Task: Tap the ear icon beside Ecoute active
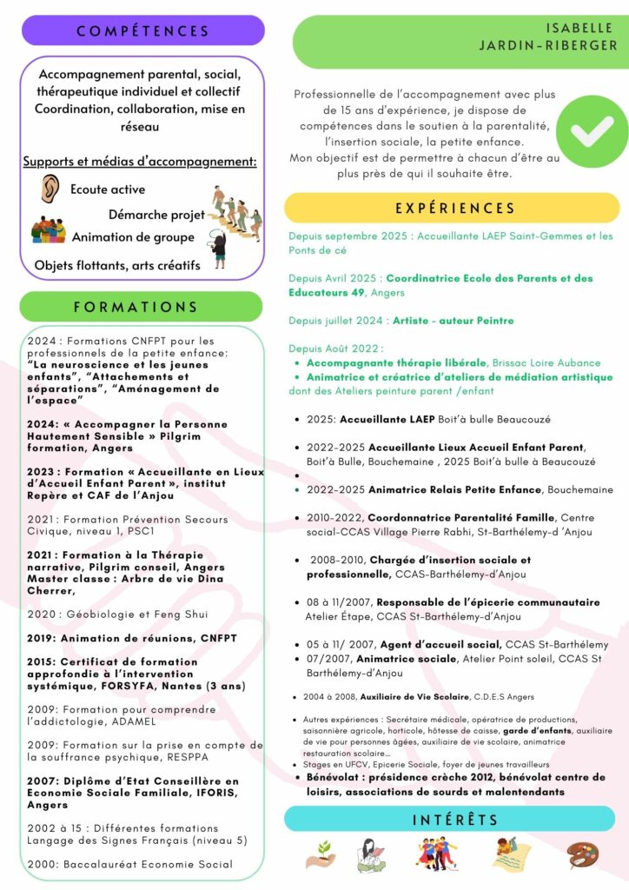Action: click(x=49, y=189)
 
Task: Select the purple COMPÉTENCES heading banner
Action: click(x=143, y=31)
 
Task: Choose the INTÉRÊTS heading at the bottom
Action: click(x=448, y=819)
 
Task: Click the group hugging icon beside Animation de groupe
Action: click(x=49, y=231)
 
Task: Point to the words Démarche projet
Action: click(x=156, y=214)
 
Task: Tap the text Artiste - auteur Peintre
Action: click(x=454, y=321)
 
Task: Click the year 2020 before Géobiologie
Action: click(x=41, y=614)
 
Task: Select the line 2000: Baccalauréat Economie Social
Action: click(x=130, y=864)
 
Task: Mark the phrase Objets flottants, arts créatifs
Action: click(x=117, y=265)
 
